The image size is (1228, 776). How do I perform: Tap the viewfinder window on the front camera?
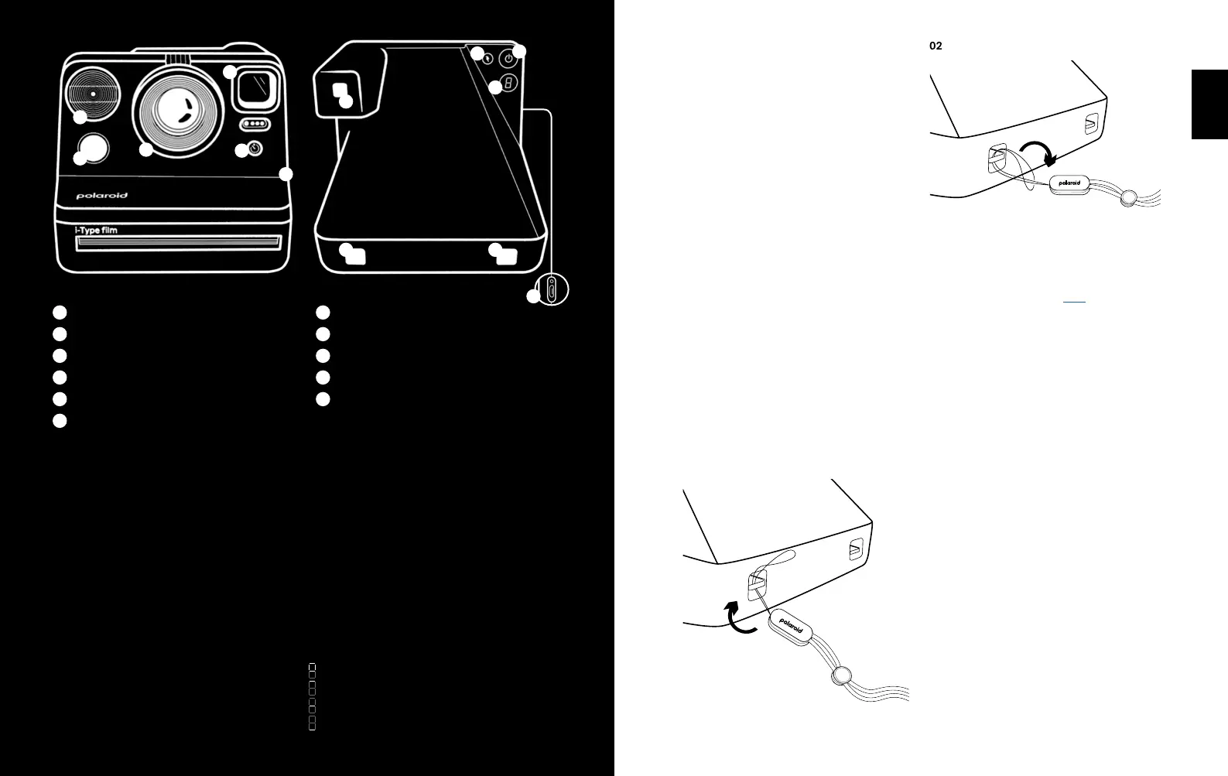pos(258,88)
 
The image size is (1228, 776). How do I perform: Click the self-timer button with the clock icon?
pos(255,148)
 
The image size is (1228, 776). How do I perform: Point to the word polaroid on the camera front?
pos(101,196)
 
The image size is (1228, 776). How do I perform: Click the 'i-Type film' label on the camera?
pos(96,231)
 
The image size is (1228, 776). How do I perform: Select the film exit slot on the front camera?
pos(177,243)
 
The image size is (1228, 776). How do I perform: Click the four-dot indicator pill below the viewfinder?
pos(255,124)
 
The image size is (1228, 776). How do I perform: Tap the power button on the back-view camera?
pos(508,57)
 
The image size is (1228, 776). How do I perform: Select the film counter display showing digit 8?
pos(508,84)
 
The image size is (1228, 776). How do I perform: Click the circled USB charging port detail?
pos(552,290)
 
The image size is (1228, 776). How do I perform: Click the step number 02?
pos(936,46)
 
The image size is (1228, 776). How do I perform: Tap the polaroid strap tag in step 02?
pos(1069,183)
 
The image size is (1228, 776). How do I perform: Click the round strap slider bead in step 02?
pos(1129,198)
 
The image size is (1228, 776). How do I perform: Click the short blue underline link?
pos(1074,300)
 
